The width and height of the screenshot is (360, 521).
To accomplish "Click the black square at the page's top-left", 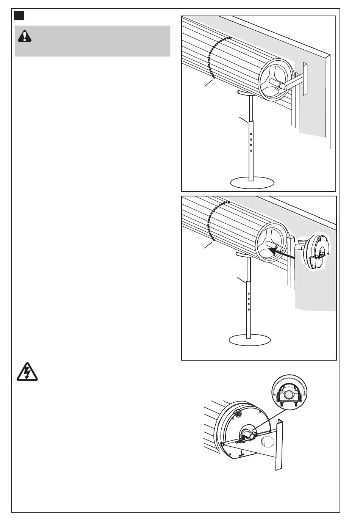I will [19, 16].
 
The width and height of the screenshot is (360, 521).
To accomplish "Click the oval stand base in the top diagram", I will [253, 182].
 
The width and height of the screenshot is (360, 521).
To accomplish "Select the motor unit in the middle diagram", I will [315, 251].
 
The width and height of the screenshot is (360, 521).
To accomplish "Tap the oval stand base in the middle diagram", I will [250, 339].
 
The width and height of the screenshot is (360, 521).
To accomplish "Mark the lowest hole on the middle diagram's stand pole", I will [249, 309].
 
